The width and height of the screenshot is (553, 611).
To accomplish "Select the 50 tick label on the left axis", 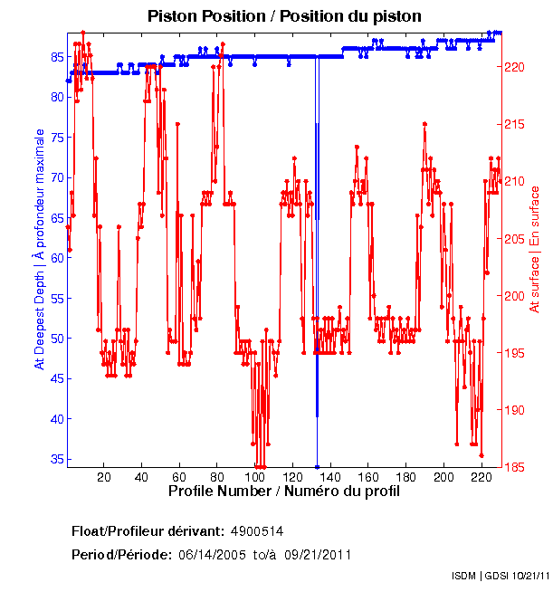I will (55, 339).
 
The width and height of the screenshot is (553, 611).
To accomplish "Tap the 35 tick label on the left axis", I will (55, 459).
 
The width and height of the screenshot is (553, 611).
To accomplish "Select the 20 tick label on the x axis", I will (104, 477).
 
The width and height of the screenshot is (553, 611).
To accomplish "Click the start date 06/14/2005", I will (212, 554).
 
